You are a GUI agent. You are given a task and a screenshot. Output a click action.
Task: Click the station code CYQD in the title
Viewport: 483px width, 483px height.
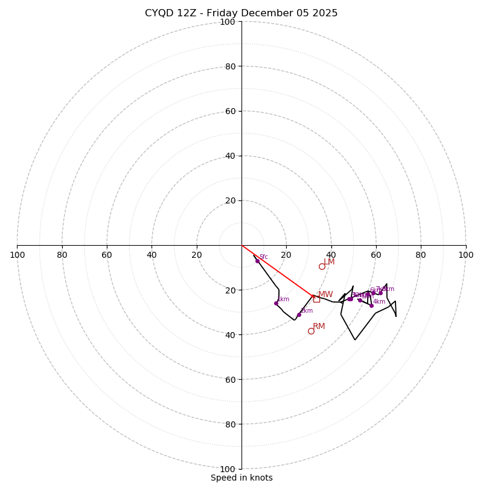160,13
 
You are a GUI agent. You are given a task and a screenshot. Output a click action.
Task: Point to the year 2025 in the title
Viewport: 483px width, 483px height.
325,13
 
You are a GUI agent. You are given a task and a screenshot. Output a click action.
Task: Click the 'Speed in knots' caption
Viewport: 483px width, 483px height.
241,478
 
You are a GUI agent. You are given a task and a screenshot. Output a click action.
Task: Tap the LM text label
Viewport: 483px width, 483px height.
329,262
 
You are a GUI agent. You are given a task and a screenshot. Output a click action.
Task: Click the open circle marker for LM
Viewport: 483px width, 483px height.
322,266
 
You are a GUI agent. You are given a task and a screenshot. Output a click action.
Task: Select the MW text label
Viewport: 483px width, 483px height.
325,295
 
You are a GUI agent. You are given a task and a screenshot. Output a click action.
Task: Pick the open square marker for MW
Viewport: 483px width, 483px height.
316,299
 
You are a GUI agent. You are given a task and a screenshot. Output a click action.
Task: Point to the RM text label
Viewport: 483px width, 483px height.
319,327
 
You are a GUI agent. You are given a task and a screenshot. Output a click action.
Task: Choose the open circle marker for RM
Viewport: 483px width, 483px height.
311,331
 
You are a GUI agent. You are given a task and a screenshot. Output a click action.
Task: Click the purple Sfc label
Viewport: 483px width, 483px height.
264,257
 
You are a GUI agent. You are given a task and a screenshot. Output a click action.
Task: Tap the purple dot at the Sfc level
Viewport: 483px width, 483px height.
257,261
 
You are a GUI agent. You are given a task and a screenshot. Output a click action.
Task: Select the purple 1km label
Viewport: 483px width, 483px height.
283,299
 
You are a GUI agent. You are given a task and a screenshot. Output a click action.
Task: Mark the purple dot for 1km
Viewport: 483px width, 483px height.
277,303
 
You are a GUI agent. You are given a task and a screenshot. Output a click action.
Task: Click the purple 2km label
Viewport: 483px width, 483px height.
307,311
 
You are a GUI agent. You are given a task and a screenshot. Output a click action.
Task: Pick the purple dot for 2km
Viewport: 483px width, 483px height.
299,315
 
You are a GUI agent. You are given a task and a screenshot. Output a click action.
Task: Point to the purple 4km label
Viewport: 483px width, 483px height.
379,302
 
